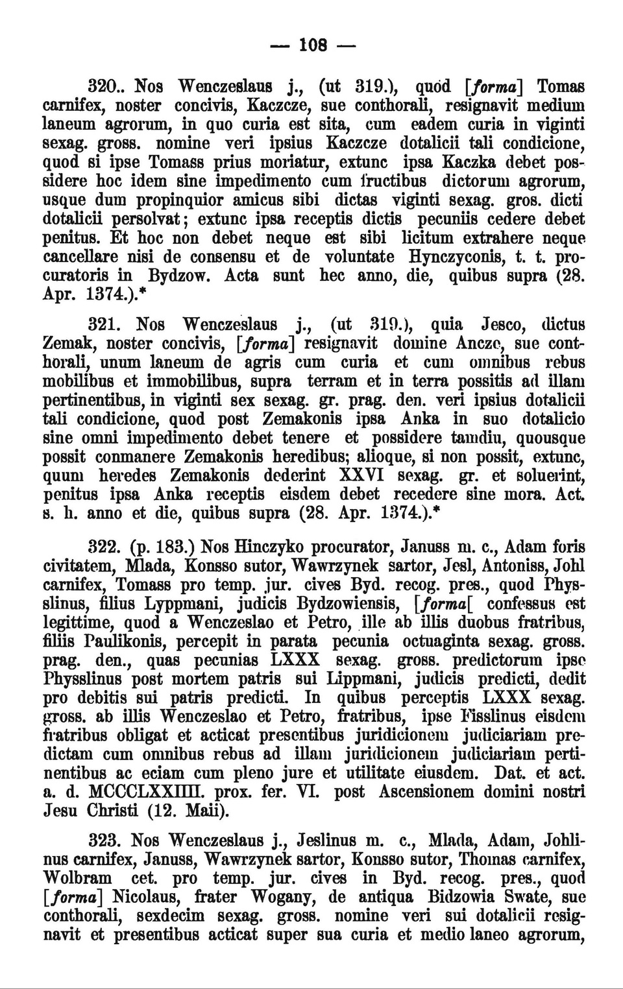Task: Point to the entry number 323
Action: point(106,840)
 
